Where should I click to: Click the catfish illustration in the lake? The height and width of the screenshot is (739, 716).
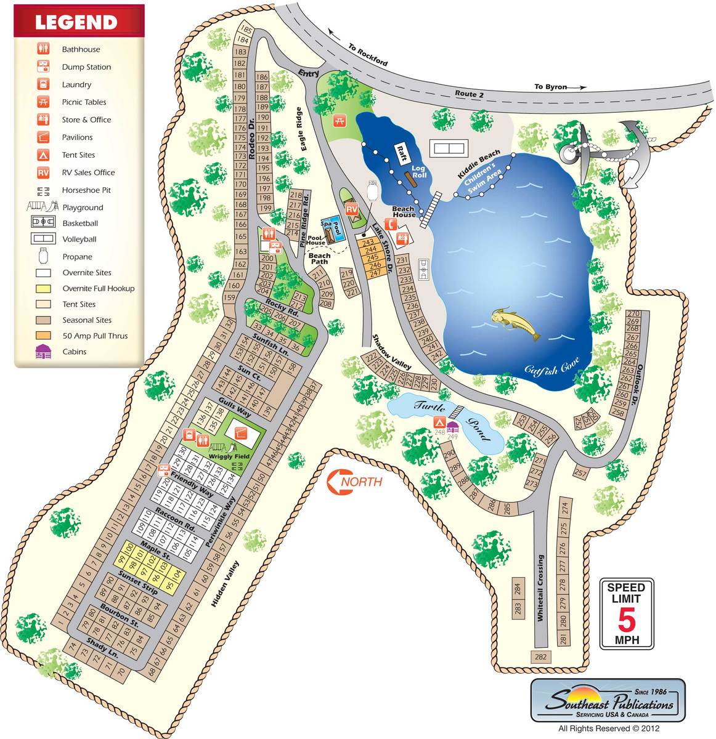point(516,325)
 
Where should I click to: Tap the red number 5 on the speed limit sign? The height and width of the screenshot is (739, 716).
point(626,620)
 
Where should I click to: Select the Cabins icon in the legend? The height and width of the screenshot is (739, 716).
point(43,352)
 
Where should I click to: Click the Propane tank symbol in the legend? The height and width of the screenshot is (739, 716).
point(43,256)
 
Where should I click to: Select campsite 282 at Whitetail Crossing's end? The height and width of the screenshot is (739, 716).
point(540,657)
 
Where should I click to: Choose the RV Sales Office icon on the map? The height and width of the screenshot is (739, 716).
point(352,210)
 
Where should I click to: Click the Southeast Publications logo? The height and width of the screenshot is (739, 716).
point(608,701)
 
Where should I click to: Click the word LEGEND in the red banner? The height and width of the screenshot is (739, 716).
point(76,23)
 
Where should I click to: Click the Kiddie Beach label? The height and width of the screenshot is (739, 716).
point(479,164)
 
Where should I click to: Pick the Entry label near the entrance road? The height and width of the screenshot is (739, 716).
point(309,73)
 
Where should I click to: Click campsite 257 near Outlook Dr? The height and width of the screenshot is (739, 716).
point(580,473)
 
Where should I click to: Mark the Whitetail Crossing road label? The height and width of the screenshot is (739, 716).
point(540,588)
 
